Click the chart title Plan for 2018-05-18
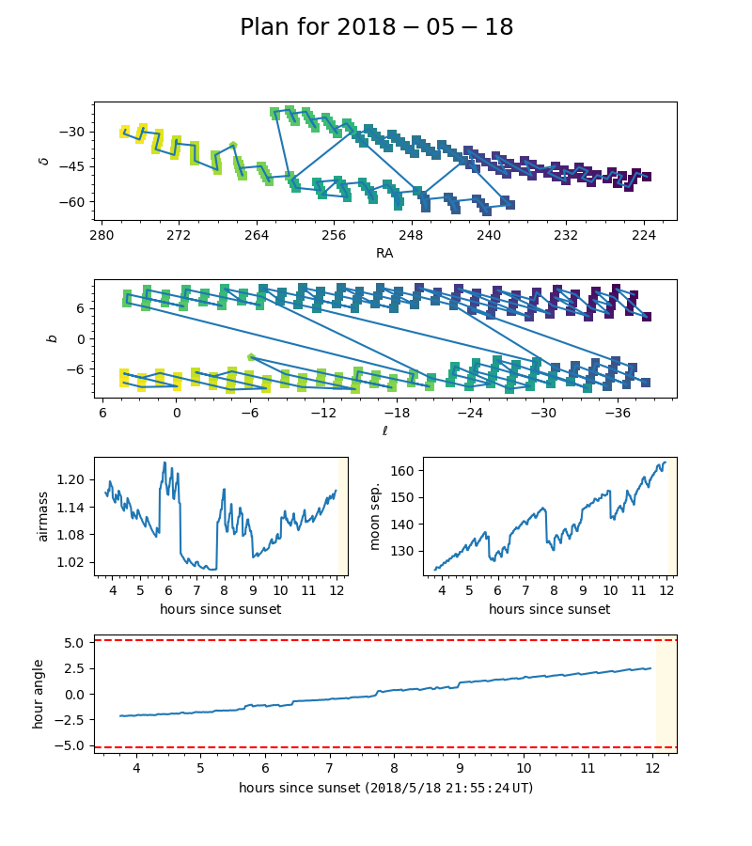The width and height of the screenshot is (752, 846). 376,27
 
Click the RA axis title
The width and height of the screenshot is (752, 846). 384,252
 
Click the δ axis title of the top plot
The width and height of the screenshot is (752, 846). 43,161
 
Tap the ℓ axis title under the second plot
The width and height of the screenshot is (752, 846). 384,431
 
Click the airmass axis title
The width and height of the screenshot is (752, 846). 42,516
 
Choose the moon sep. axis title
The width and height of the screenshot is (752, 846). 375,516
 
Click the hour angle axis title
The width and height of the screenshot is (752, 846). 39,694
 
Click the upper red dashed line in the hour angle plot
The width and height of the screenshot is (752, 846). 376,640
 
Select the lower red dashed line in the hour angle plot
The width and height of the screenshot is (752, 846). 376,747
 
